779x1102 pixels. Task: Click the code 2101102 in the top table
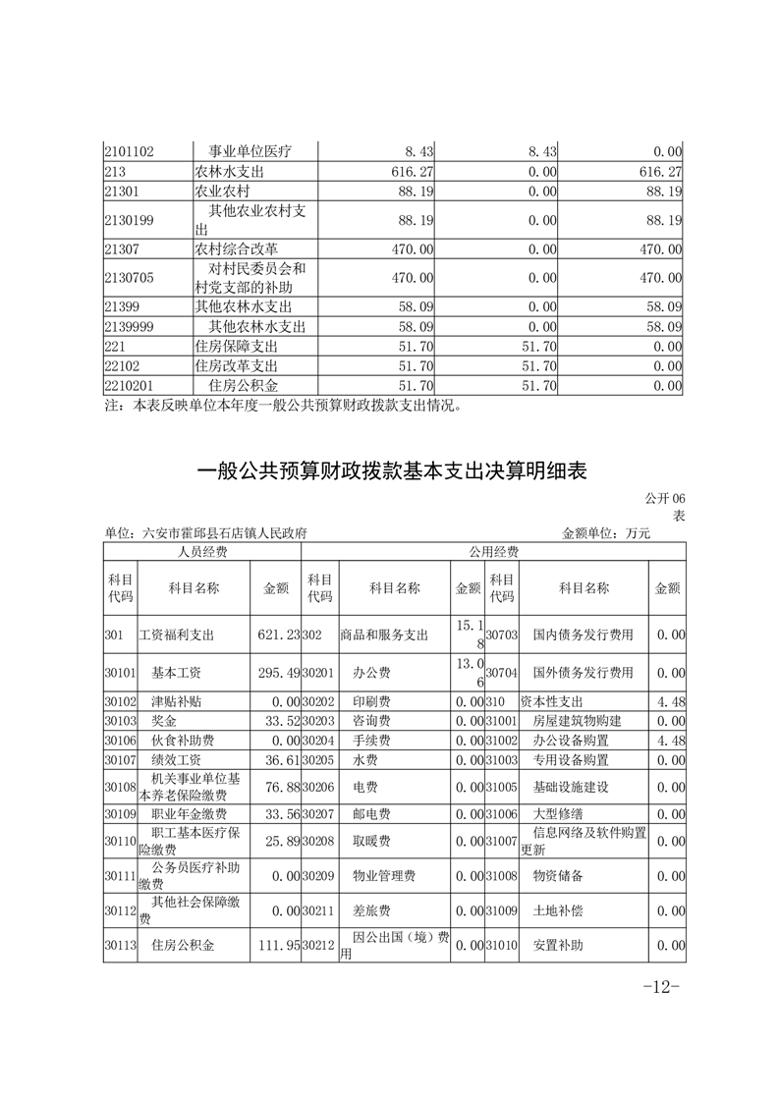pos(136,152)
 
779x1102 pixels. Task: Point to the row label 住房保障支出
pos(237,347)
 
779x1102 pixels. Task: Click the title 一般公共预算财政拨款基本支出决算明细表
pos(391,471)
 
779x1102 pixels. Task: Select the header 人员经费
pos(201,553)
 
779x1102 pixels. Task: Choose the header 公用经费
pos(493,553)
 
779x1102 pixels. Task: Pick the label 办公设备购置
pos(571,741)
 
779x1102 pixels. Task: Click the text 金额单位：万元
pos(605,533)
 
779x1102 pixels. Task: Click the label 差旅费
pos(371,910)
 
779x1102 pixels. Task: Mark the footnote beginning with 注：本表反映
pos(282,405)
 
